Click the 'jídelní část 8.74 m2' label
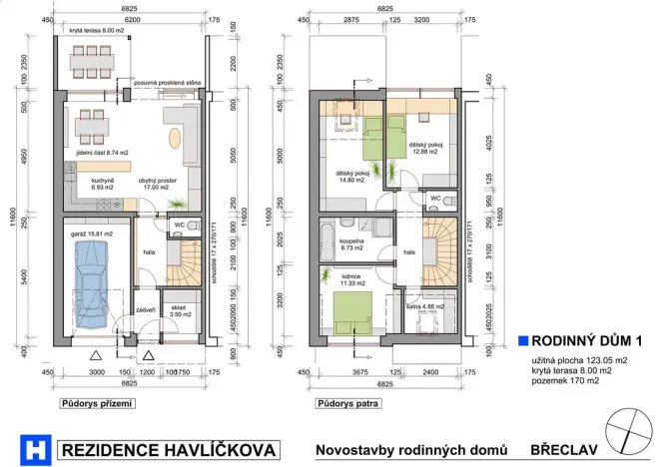click(x=99, y=153)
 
